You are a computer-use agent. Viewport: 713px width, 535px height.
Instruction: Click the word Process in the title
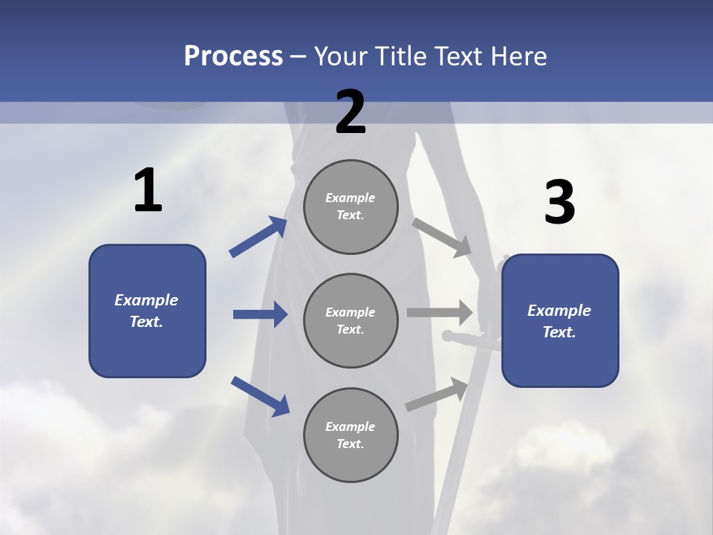[x=233, y=56]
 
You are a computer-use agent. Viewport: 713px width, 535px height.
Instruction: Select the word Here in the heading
[x=517, y=56]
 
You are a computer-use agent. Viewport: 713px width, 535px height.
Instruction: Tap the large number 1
[x=148, y=191]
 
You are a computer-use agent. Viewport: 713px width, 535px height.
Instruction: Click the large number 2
[x=351, y=112]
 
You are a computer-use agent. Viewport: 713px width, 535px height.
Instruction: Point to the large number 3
[x=559, y=203]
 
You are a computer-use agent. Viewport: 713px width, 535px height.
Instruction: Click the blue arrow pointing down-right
[x=260, y=396]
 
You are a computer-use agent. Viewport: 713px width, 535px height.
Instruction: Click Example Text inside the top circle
[x=351, y=207]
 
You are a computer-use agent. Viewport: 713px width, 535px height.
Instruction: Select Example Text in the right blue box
[x=559, y=321]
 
